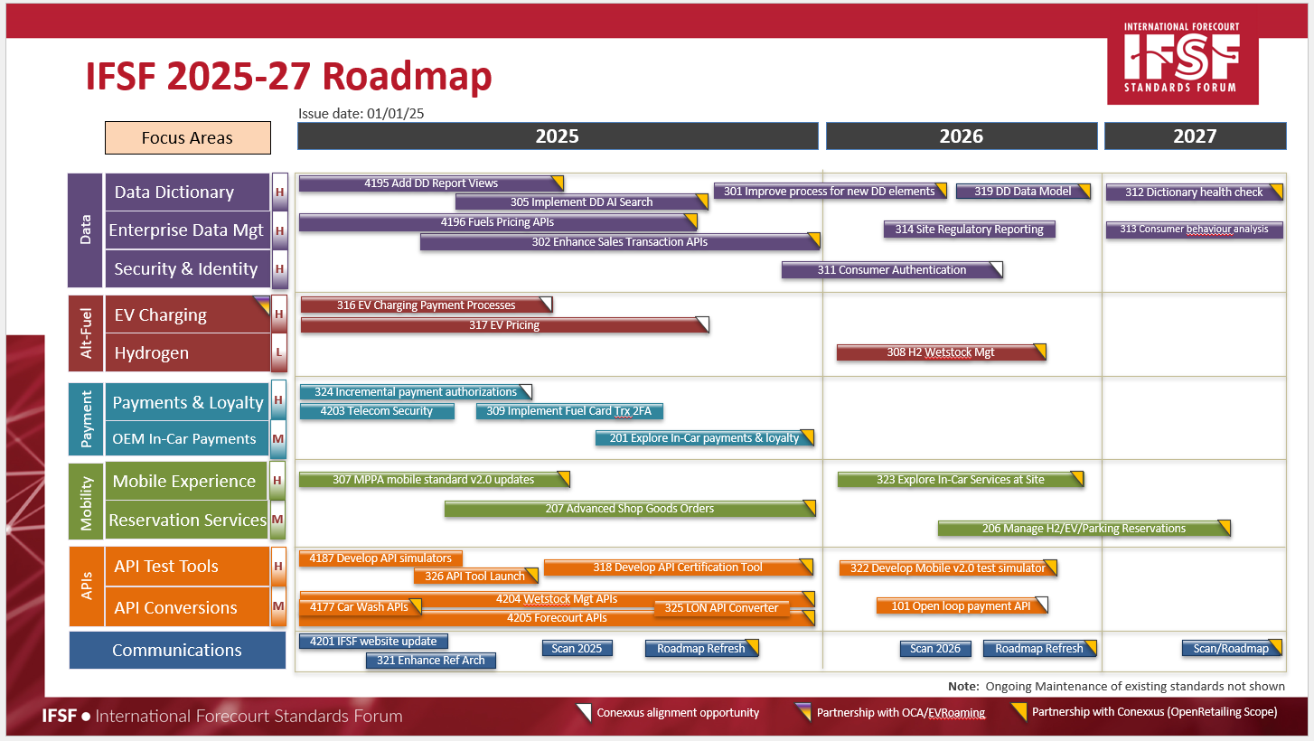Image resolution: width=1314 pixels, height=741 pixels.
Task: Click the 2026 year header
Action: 962,136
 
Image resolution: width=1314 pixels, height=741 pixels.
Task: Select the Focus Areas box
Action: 188,138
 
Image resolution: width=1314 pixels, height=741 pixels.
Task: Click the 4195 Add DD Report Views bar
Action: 431,183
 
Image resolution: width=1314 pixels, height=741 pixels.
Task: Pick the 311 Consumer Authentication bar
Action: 892,270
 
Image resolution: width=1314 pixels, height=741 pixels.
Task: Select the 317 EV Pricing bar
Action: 504,325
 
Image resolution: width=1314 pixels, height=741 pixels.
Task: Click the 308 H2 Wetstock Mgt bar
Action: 941,352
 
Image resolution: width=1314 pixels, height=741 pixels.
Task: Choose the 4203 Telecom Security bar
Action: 377,410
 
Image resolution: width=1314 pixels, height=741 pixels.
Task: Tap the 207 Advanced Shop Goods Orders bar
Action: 630,509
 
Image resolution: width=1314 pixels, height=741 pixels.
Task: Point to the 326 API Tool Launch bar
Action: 475,577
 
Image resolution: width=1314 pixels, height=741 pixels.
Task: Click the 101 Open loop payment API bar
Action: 962,606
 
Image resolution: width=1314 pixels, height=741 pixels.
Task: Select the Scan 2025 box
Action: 577,648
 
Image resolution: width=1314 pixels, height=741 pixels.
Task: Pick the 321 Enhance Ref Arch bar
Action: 430,660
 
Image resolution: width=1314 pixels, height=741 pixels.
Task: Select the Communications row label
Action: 177,650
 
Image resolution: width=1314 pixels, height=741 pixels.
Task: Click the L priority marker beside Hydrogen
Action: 279,352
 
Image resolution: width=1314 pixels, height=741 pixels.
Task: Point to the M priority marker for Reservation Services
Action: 277,520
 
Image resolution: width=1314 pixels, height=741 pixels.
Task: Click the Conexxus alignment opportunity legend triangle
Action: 585,712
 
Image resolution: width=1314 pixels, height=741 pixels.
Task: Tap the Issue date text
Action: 361,113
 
